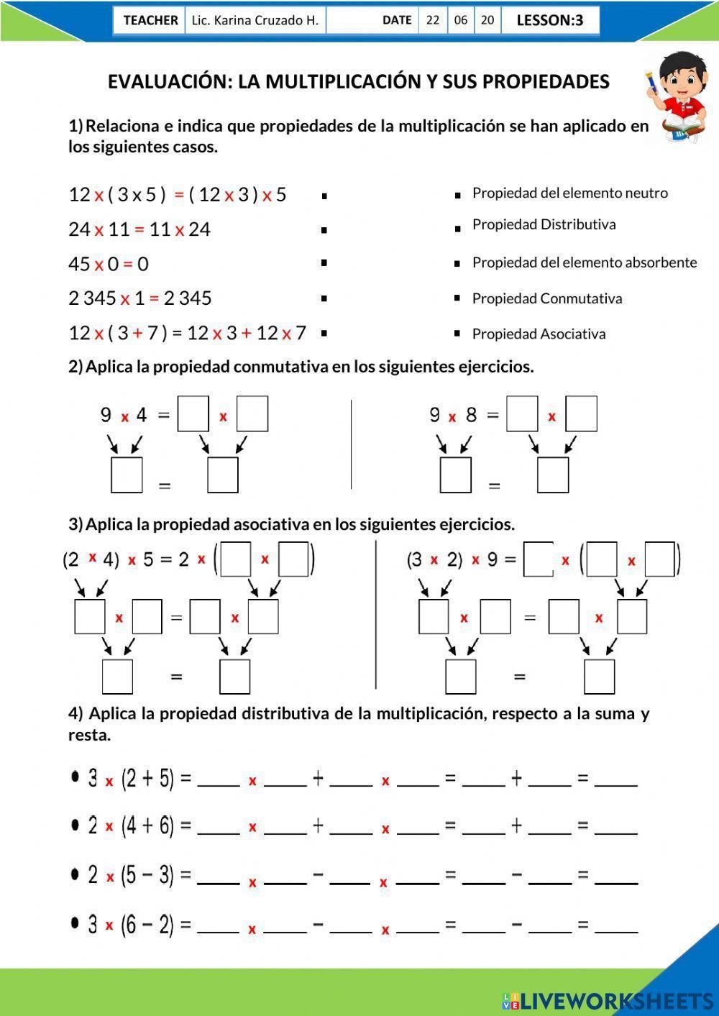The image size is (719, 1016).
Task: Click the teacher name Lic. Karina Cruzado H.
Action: (x=255, y=20)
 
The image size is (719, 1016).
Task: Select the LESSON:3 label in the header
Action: (x=549, y=20)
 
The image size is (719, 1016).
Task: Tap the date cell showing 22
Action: (x=432, y=20)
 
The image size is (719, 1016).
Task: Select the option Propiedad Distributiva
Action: (x=544, y=224)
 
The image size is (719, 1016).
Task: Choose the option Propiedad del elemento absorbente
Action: (x=584, y=262)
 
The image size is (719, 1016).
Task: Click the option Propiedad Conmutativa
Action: (x=546, y=298)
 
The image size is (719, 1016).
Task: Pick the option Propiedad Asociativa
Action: (x=539, y=334)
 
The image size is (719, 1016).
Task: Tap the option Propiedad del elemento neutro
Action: (x=569, y=193)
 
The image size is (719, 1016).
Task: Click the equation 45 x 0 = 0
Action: (x=109, y=264)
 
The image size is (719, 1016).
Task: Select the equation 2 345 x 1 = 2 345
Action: (x=140, y=298)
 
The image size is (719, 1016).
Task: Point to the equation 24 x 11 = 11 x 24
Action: (x=139, y=229)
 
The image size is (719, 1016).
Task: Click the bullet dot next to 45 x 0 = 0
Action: (x=324, y=263)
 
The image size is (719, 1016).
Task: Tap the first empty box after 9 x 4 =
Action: (x=193, y=414)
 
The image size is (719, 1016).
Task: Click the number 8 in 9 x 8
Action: (x=471, y=415)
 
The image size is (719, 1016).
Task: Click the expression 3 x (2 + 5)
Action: (x=132, y=778)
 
